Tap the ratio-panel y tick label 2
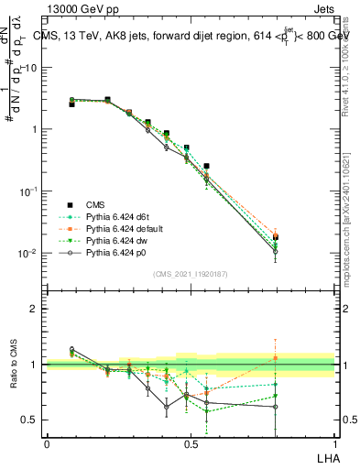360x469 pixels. click(34, 309)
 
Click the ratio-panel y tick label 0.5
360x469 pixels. click(30, 420)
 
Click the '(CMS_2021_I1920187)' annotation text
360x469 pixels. click(190, 274)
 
